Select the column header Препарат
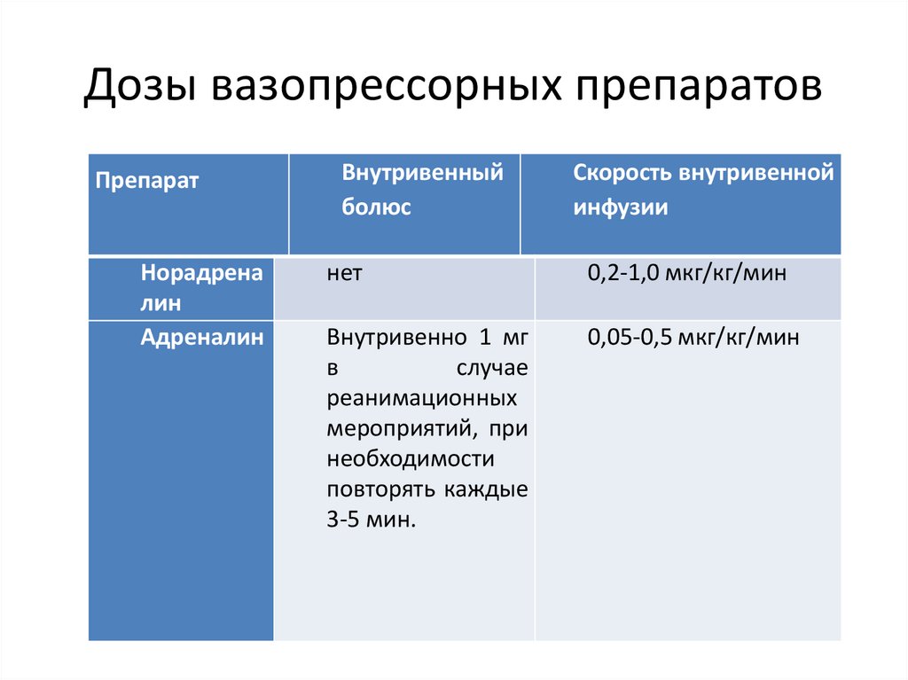click(x=147, y=181)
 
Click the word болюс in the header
click(x=377, y=207)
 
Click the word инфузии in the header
click(x=620, y=207)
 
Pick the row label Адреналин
click(x=202, y=337)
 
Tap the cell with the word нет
click(x=343, y=275)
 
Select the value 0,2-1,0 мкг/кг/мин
click(x=686, y=275)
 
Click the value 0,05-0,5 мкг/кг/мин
click(x=693, y=337)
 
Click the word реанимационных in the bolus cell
click(x=422, y=399)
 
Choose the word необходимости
click(x=409, y=459)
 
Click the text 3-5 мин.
click(x=371, y=520)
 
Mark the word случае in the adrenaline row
click(x=492, y=368)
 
